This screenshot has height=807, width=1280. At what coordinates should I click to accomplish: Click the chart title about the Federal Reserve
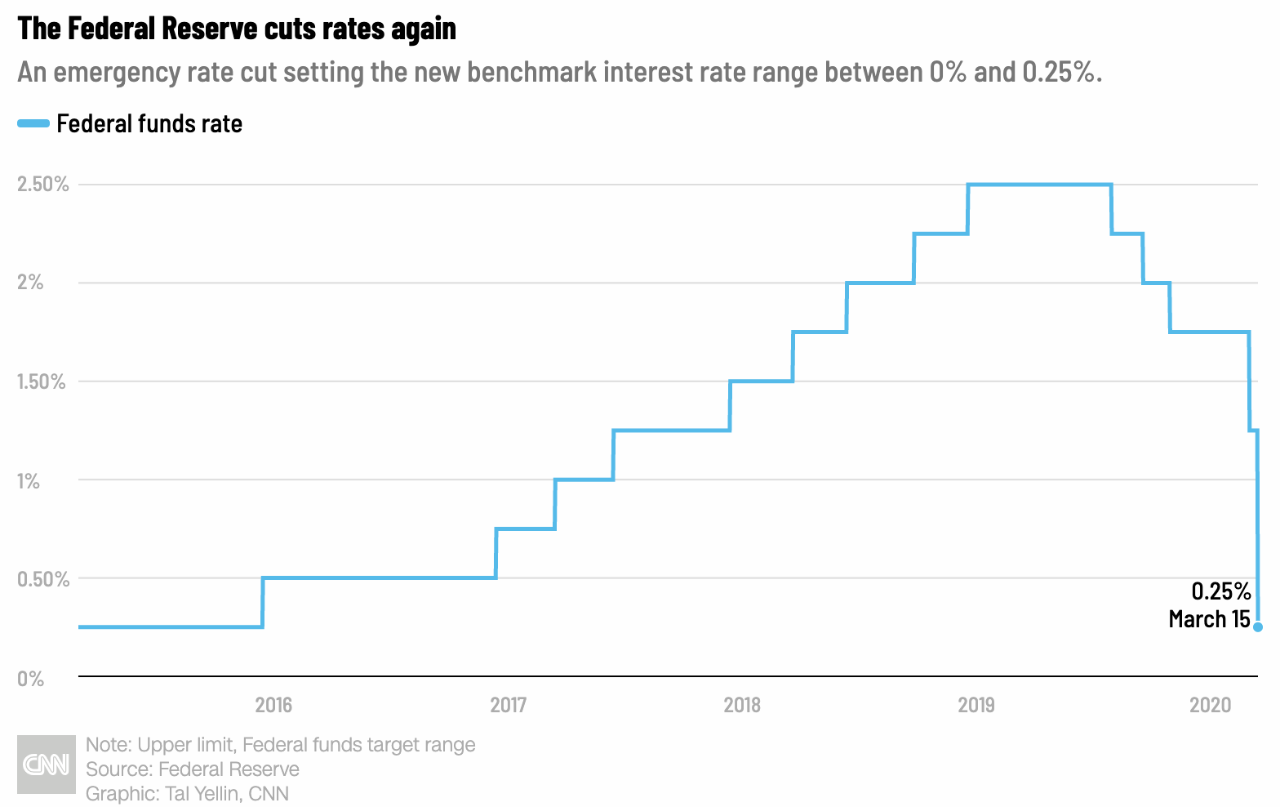pos(237,29)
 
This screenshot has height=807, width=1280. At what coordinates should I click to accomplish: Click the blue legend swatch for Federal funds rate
pos(33,123)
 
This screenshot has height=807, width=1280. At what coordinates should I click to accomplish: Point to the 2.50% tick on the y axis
pos(43,185)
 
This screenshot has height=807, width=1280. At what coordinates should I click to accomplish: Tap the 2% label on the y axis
pos(30,283)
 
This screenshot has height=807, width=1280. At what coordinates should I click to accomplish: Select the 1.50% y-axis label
pos(42,381)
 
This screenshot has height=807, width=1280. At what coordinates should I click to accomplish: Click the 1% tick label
pos(29,481)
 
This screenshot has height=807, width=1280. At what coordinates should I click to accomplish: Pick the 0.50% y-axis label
pos(43,579)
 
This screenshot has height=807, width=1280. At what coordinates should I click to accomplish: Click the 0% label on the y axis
pos(30,679)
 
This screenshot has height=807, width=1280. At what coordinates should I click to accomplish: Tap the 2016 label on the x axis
pos(273,705)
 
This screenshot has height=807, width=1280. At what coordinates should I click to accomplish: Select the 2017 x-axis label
pos(508,705)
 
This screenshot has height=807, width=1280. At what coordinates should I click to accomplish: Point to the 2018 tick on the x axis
pos(742,705)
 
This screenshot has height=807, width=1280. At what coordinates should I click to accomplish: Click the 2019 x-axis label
pos(976,705)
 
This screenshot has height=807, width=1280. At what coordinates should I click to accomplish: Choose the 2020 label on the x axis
pos(1210,705)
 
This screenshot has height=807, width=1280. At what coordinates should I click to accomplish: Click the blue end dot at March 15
pos(1258,627)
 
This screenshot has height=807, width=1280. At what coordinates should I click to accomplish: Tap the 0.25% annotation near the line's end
pos(1220,591)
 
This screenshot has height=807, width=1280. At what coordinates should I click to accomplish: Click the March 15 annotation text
pos(1209,619)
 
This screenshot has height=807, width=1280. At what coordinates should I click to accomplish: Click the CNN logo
pos(46,765)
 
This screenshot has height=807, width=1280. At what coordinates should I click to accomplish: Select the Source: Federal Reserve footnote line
pos(193,769)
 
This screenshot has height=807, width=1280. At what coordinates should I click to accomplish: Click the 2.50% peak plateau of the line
pos(1039,185)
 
